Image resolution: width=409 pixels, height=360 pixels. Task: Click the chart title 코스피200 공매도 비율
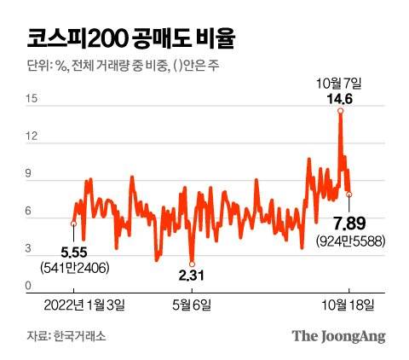pyautogui.click(x=127, y=38)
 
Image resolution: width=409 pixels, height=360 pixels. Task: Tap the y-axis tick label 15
pyautogui.click(x=30, y=100)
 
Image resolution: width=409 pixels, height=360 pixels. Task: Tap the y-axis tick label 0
pyautogui.click(x=30, y=287)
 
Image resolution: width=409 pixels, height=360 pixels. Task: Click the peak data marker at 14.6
pyautogui.click(x=340, y=111)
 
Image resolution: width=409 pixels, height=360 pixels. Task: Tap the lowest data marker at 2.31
pyautogui.click(x=193, y=264)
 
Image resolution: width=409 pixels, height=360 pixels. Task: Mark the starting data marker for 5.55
pyautogui.click(x=73, y=224)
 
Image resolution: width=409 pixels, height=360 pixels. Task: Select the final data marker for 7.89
pyautogui.click(x=349, y=195)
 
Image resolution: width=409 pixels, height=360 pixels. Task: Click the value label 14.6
pyautogui.click(x=340, y=98)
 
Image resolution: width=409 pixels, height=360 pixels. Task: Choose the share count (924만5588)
pyautogui.click(x=349, y=241)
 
